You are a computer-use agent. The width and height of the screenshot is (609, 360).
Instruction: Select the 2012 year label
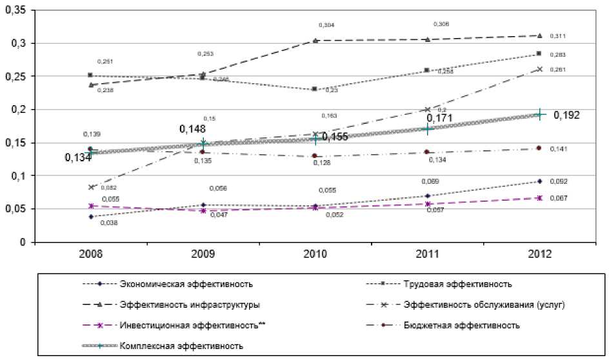coord(539,254)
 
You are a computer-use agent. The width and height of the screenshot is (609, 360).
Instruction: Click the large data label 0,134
coord(78,157)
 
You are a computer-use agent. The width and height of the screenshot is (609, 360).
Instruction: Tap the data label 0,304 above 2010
coord(327,25)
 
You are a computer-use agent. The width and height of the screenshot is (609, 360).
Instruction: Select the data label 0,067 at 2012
coord(558,198)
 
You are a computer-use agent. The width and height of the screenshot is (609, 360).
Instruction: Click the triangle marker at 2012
coord(539,35)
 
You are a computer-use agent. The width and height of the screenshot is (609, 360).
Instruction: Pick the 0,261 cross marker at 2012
coord(539,68)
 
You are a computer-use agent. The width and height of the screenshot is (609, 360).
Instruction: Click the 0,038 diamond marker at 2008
coord(90,217)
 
